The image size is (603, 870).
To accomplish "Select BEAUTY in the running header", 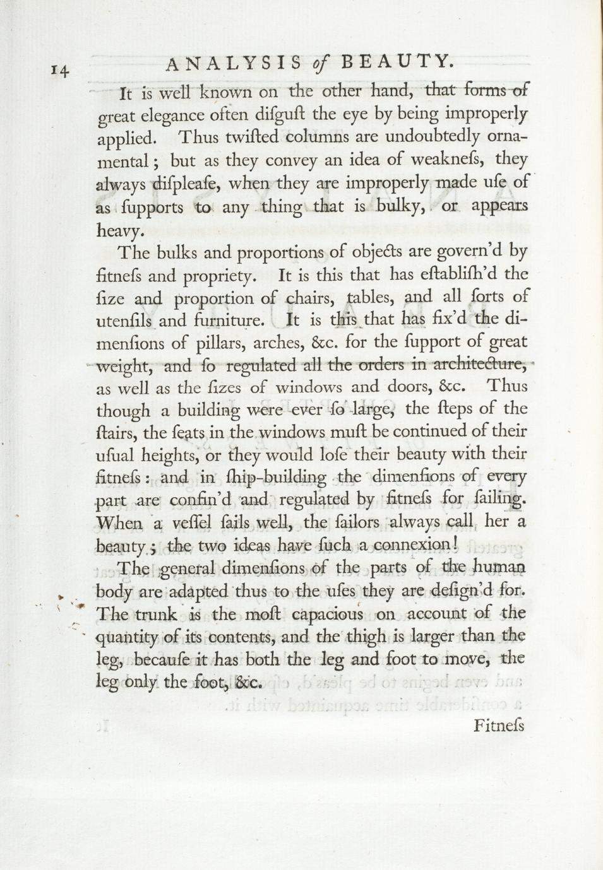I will point(397,61).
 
